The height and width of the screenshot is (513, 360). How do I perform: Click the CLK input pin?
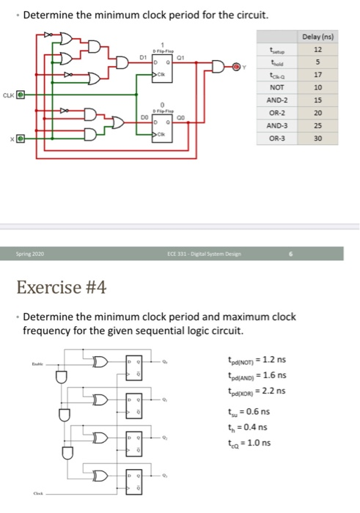coord(21,95)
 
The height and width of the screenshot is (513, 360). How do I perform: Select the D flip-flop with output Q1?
coord(159,64)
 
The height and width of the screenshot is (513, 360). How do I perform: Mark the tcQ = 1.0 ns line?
coord(249,442)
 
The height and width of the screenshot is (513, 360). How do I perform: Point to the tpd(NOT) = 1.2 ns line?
coord(256,360)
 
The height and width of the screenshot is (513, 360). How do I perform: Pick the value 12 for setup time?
coord(317,48)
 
